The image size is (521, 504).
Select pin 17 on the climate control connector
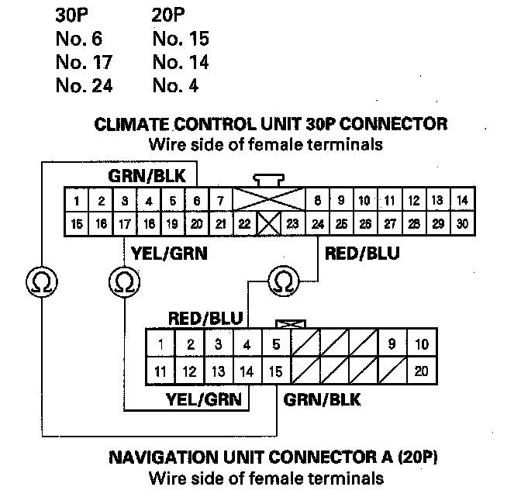click(124, 225)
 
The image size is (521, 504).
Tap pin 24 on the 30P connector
click(317, 225)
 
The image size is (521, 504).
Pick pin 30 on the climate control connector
click(462, 225)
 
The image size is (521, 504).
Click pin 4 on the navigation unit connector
click(247, 344)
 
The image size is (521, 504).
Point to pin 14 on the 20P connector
click(247, 371)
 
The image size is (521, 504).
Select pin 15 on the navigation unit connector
click(275, 371)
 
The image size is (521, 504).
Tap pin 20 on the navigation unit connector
click(421, 371)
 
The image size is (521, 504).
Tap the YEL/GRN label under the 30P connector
click(170, 254)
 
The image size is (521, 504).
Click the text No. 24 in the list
click(84, 85)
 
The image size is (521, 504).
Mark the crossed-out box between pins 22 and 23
click(269, 225)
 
